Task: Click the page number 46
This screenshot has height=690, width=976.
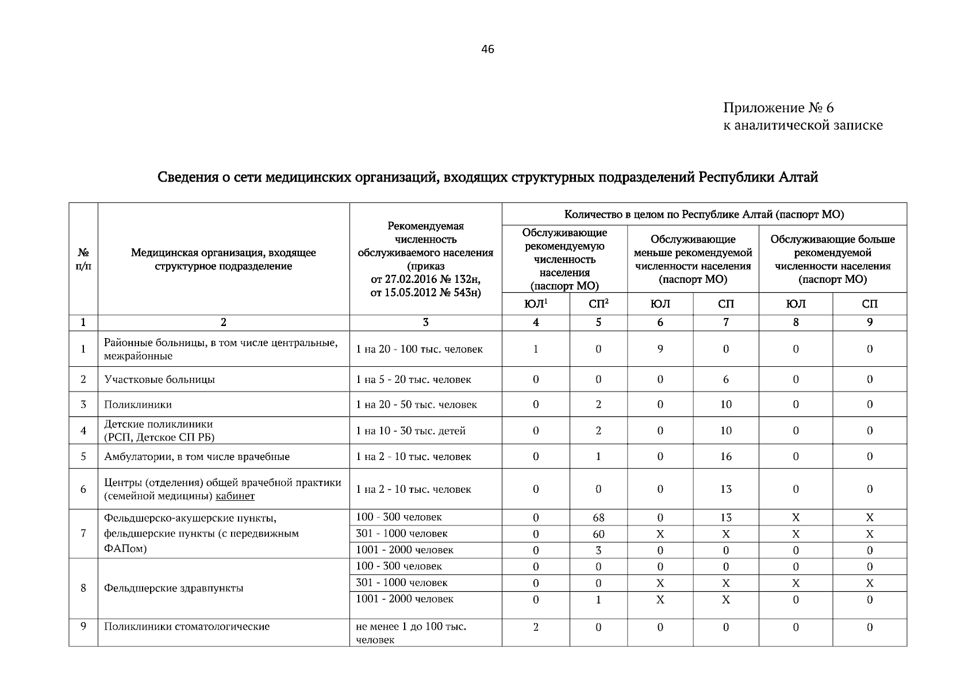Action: [x=487, y=49]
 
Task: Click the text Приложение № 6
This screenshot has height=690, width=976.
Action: [x=778, y=108]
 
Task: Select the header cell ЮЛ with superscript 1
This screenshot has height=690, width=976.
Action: [x=535, y=304]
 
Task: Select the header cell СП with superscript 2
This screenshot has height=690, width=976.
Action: [x=598, y=304]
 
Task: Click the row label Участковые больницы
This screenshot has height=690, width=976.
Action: [x=160, y=379]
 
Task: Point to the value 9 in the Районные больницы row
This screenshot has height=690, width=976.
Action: [x=660, y=349]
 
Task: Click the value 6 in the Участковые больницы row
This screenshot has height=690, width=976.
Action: [x=726, y=379]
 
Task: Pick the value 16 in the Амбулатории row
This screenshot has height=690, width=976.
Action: [x=726, y=457]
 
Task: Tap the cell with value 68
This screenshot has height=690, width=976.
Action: [x=598, y=517]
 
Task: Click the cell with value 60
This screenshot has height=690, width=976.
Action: [x=598, y=534]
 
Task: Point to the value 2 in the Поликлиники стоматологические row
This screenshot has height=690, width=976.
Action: [x=536, y=627]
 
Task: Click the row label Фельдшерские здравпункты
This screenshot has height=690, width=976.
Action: [x=174, y=588]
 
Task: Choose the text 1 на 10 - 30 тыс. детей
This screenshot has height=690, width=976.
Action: [x=411, y=431]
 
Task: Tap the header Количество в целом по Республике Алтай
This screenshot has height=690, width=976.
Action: [x=704, y=214]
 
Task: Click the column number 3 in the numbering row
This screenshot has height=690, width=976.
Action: [x=425, y=323]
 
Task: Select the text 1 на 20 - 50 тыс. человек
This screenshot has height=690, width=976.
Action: [x=417, y=405]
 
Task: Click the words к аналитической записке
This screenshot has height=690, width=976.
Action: [x=802, y=125]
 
